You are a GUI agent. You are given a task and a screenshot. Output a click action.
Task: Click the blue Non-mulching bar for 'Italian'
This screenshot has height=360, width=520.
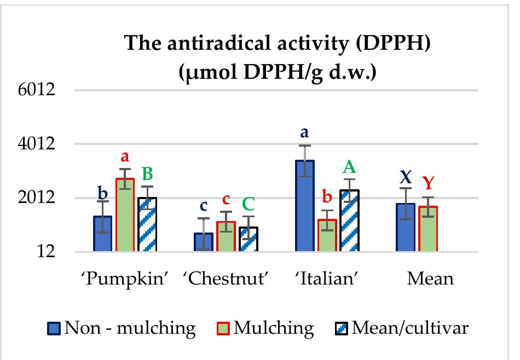(x=305, y=206)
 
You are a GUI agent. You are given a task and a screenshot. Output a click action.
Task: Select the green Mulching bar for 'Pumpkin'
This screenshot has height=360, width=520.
(x=125, y=215)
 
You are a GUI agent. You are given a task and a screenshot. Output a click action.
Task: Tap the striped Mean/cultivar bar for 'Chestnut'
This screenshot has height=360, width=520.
(x=248, y=240)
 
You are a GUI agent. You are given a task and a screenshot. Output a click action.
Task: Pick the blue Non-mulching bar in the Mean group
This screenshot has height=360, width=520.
(x=406, y=228)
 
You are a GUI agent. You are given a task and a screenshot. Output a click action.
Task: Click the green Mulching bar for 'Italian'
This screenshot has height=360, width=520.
(x=327, y=236)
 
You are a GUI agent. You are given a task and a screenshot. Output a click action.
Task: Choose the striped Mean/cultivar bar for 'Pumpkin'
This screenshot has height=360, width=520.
(x=147, y=225)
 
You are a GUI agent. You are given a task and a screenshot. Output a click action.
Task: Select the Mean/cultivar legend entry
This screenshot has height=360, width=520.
(x=402, y=328)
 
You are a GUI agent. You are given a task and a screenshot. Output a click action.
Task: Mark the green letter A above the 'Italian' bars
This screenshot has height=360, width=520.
(x=349, y=165)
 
